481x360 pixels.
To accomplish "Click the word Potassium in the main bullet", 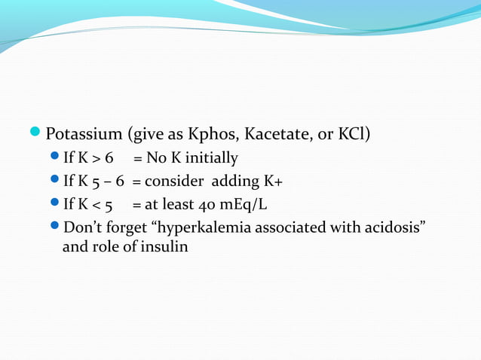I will click(84, 135).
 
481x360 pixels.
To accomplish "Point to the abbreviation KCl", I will click(350, 135).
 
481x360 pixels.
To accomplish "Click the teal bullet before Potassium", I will click(38, 134).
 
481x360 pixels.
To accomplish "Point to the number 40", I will click(210, 204).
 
